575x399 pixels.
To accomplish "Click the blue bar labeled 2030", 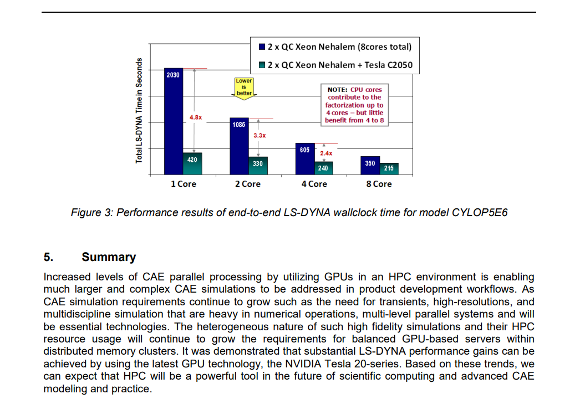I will (174, 122).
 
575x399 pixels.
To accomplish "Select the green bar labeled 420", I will (192, 164).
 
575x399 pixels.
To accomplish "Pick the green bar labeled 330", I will (258, 166).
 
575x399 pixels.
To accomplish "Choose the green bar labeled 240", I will (323, 168).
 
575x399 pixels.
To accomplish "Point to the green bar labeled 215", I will (389, 169).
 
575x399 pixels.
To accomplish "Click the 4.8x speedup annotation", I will (196, 117).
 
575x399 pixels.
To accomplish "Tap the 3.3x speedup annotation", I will (259, 135).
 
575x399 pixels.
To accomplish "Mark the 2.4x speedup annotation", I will (326, 153).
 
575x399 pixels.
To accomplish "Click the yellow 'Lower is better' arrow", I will (244, 88).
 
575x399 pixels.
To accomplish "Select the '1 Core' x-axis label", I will (183, 184).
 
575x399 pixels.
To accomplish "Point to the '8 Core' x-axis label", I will (379, 184).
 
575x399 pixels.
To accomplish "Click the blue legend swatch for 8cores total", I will (262, 47).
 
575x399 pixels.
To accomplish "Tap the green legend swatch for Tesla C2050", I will (262, 65).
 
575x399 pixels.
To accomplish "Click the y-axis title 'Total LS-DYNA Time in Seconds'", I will (139, 110).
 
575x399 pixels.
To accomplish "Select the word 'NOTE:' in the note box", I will (337, 89).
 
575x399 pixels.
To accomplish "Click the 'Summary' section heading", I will (109, 257).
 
